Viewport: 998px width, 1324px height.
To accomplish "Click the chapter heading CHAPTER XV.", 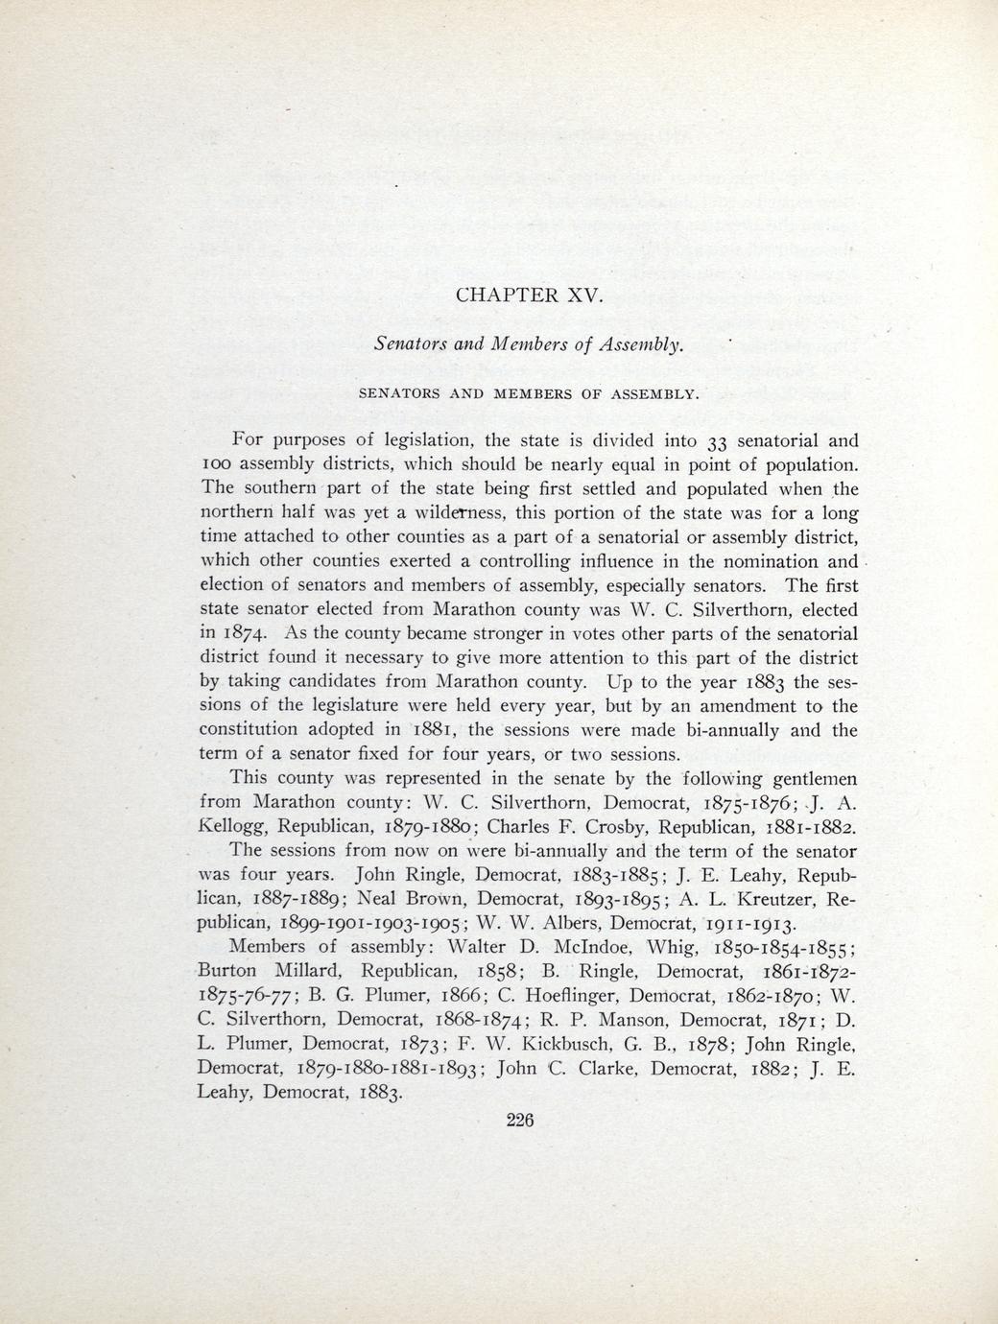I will [529, 295].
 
